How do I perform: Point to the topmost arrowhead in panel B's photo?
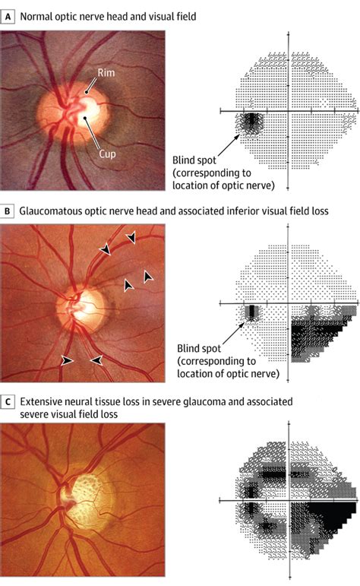132,239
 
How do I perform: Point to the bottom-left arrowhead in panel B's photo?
68,360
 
